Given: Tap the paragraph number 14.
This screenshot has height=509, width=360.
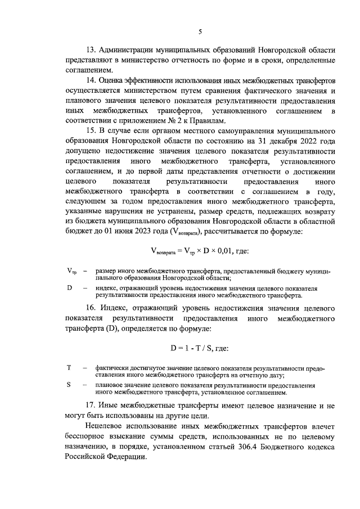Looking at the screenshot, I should pos(91,80).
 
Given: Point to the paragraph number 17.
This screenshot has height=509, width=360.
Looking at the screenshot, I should pos(91,406).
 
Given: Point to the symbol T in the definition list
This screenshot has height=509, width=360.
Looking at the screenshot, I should pos(69,368).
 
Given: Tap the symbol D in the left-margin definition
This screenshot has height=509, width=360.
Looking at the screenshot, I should pos(69,288).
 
